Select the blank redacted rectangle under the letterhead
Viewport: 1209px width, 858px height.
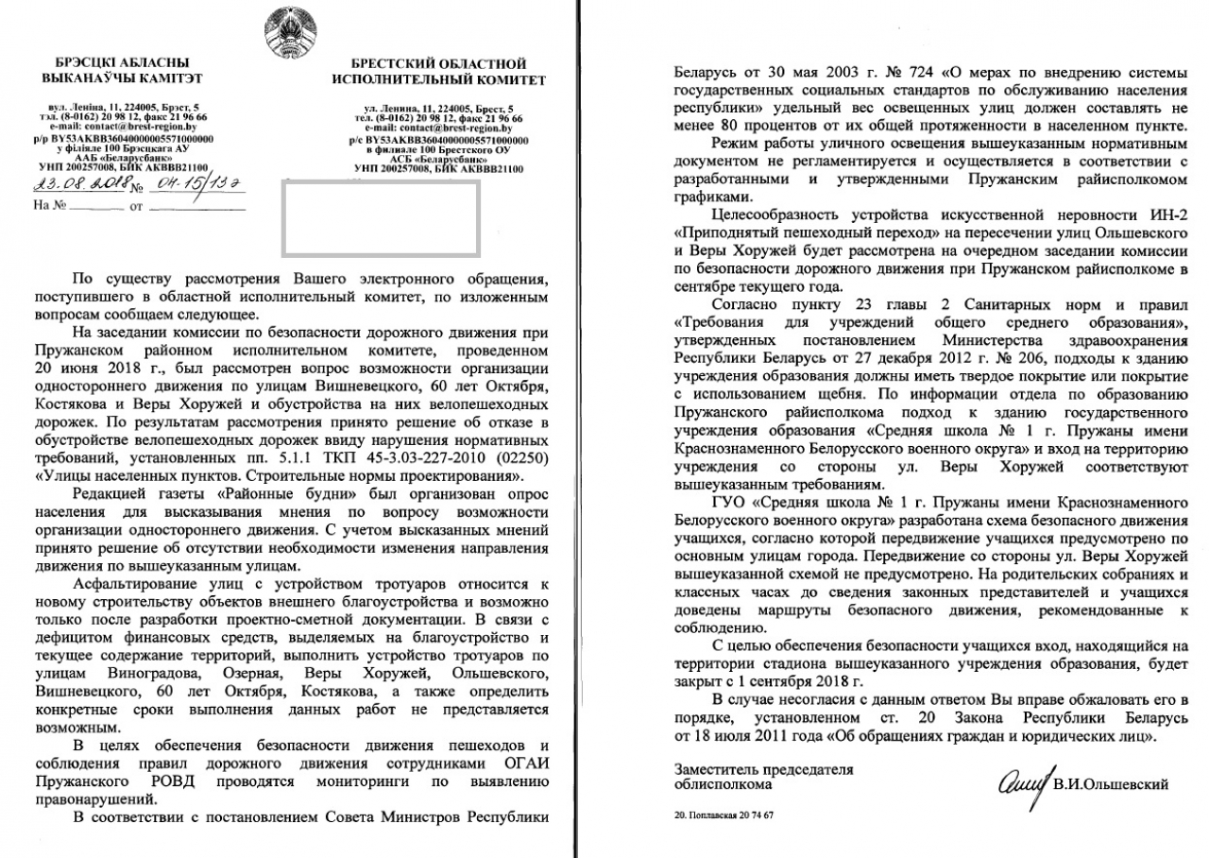tap(380, 217)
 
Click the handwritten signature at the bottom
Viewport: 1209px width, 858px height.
tap(1024, 783)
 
